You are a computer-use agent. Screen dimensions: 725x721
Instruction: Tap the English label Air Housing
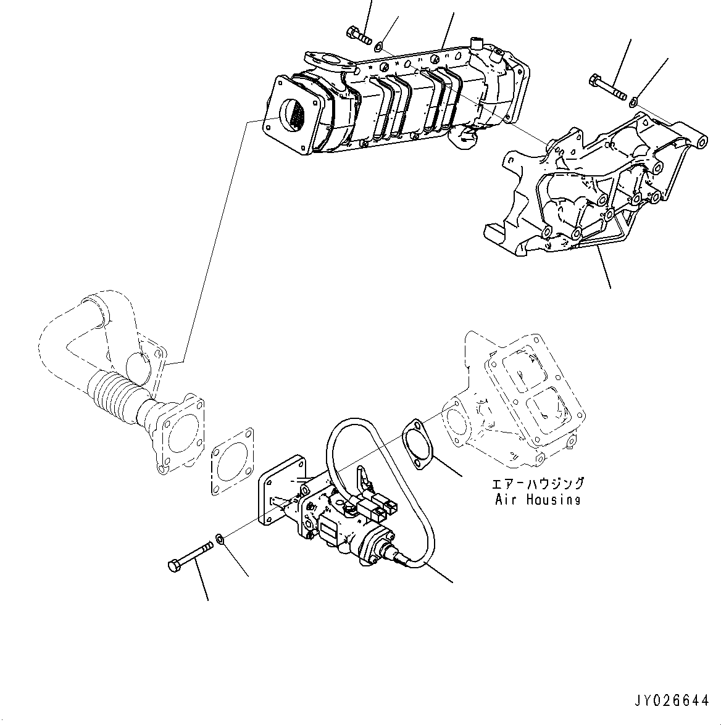pos(538,500)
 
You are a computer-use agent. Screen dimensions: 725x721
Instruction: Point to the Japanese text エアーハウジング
pos(538,484)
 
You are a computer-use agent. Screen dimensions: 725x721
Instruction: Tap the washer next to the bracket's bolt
pos(634,100)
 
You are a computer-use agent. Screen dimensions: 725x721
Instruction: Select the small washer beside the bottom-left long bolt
pos(220,541)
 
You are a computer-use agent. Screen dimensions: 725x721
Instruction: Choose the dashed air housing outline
pos(519,401)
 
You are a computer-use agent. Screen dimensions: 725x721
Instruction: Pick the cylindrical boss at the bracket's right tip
pos(702,143)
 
